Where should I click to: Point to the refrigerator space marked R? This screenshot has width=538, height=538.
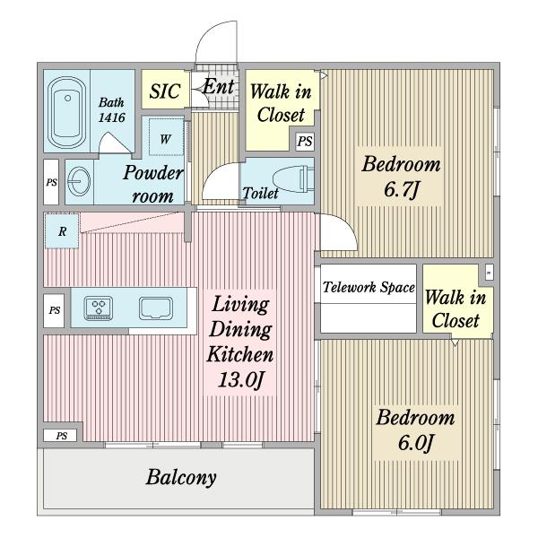pos(61,231)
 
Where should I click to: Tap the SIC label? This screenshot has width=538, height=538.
pos(164,91)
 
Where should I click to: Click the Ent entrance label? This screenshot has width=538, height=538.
pos(217,87)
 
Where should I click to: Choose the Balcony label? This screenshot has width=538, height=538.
pos(181,476)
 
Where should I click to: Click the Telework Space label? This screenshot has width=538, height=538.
pos(369,288)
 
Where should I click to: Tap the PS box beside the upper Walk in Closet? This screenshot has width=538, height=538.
pos(306,141)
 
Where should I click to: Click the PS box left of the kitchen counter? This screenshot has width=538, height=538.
pos(55,310)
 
